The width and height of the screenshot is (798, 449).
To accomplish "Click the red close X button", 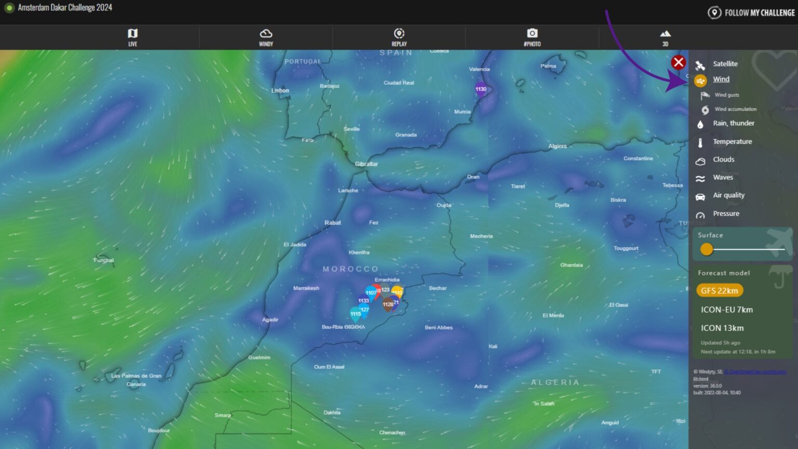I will tap(678, 63).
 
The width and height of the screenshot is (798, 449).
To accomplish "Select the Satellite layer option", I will tap(725, 64).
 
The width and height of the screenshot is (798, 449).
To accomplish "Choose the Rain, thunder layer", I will tap(733, 123).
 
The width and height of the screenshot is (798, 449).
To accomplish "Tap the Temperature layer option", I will tap(732, 141).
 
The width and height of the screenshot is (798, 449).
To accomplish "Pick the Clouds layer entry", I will tap(723, 160).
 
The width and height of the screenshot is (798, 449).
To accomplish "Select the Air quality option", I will tap(728, 195).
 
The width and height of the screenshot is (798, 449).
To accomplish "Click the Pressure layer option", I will tap(726, 214).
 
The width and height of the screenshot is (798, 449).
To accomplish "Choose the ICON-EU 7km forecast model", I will tap(726, 310).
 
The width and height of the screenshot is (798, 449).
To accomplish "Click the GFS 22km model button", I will tap(720, 290).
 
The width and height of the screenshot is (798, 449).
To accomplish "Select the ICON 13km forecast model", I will tap(722, 328).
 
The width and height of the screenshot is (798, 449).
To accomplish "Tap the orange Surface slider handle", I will tap(707, 249).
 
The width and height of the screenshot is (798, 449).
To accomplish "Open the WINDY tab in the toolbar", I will tap(266, 37).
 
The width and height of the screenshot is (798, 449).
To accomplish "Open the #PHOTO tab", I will tap(532, 37).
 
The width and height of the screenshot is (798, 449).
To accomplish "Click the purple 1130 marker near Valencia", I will tap(481, 89).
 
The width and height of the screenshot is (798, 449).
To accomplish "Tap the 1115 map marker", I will tap(355, 314).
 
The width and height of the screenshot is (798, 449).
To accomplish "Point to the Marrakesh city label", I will tap(306, 288).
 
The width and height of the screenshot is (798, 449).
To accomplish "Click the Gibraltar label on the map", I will tap(366, 164).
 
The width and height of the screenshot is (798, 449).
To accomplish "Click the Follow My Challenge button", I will tap(751, 12).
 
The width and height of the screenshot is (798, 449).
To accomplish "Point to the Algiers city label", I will tap(557, 146).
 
